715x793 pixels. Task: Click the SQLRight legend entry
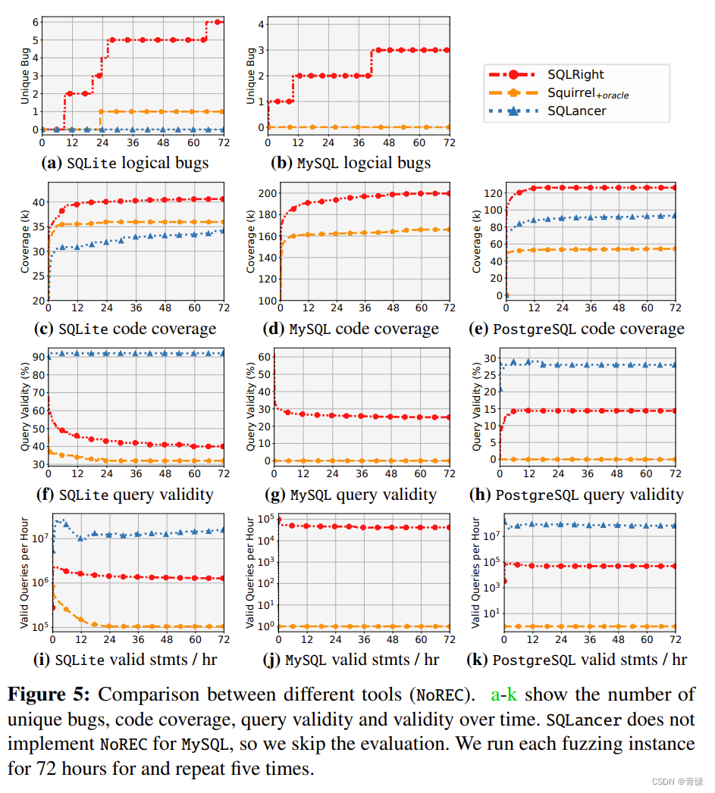576,74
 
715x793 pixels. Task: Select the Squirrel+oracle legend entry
588,92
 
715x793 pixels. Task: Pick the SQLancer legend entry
577,111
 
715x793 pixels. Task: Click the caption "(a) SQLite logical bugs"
126,163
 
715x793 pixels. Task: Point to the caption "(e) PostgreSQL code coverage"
588,329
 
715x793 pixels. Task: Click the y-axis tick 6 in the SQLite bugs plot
34,22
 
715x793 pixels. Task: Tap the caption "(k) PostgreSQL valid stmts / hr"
578,660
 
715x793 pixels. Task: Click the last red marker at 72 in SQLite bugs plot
218,22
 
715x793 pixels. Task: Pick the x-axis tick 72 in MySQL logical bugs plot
449,142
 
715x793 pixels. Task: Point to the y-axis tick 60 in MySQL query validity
263,357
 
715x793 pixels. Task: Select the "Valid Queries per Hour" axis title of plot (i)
24,573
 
